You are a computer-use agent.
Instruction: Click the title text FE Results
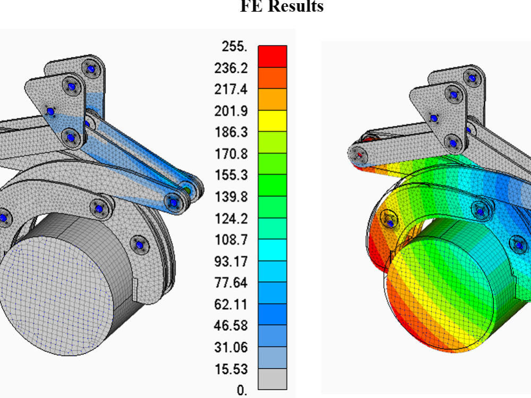tap(282, 6)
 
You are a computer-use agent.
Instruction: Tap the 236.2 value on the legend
tap(231, 68)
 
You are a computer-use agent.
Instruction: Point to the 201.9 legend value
tap(231, 111)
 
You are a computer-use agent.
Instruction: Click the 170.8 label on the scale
tap(231, 154)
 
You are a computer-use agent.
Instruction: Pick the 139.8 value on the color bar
tap(231, 197)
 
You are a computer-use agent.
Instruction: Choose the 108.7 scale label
tap(231, 240)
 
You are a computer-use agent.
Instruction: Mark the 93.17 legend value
tap(231, 262)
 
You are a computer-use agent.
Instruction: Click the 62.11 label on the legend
tap(231, 305)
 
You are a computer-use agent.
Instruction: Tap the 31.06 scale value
tap(231, 348)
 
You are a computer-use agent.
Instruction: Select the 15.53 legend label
tap(231, 369)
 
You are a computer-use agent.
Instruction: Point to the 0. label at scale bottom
tap(242, 391)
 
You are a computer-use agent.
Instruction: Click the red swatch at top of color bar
tap(272, 56)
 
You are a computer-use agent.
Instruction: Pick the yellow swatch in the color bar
tap(272, 120)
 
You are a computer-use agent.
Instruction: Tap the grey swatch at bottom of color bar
tap(272, 378)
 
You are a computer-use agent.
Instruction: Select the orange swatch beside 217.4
tap(272, 99)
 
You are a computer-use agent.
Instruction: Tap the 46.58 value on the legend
tap(231, 326)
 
